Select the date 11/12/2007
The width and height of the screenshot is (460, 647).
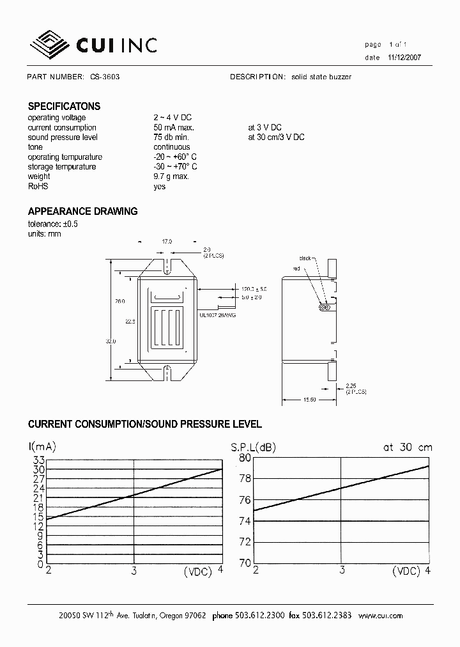pyautogui.click(x=404, y=58)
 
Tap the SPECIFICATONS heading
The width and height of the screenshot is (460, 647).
pyautogui.click(x=64, y=107)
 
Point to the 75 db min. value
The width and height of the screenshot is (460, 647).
pyautogui.click(x=171, y=137)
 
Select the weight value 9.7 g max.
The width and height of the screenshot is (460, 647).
pyautogui.click(x=171, y=176)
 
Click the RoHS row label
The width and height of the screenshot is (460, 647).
pyautogui.click(x=38, y=186)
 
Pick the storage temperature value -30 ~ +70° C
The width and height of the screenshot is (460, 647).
pyautogui.click(x=174, y=167)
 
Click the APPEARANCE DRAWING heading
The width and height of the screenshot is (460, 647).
pyautogui.click(x=82, y=212)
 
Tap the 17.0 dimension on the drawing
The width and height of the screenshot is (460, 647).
pyautogui.click(x=167, y=242)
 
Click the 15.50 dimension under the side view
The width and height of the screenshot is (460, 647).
pyautogui.click(x=309, y=400)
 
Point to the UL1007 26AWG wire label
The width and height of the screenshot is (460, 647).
pyautogui.click(x=217, y=315)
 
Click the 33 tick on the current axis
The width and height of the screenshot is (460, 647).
pyautogui.click(x=38, y=460)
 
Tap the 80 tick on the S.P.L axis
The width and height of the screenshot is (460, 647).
pyautogui.click(x=245, y=458)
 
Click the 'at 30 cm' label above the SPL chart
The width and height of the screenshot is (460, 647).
pyautogui.click(x=407, y=448)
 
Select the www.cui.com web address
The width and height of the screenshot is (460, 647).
pyautogui.click(x=380, y=616)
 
